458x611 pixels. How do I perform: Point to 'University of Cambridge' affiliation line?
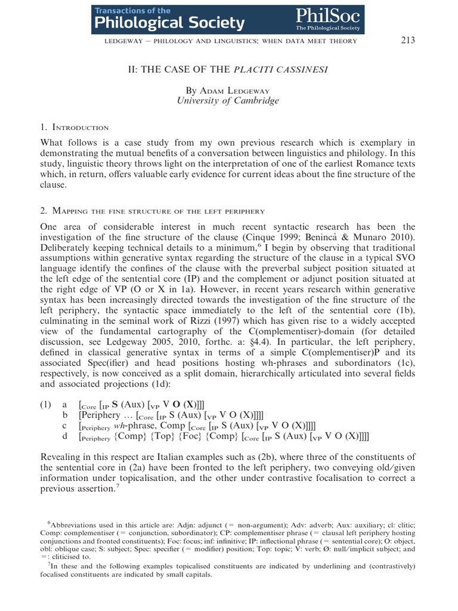(228, 101)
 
